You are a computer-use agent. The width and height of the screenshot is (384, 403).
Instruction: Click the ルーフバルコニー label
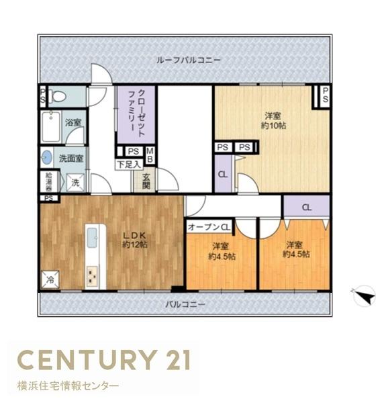click(x=189, y=60)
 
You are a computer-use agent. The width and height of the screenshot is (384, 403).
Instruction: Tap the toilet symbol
click(x=57, y=96)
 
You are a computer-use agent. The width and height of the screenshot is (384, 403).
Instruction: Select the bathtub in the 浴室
click(x=52, y=127)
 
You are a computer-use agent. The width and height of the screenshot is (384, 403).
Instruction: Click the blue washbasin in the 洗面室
click(x=47, y=157)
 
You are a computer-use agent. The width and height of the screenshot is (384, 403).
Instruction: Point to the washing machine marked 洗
click(x=75, y=183)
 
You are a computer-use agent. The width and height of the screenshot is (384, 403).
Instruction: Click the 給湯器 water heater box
click(x=49, y=182)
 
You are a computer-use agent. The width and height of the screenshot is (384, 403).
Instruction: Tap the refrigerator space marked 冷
click(x=50, y=279)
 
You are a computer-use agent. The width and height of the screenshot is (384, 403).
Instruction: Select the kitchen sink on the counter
click(x=92, y=238)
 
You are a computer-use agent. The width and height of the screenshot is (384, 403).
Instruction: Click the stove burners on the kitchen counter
click(x=92, y=276)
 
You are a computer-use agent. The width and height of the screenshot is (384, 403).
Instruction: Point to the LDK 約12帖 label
click(x=134, y=240)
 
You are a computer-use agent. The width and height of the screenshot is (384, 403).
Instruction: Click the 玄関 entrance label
click(x=146, y=181)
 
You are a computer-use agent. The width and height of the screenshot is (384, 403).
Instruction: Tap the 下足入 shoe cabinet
click(x=129, y=165)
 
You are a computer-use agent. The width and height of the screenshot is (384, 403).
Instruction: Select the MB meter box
click(x=150, y=155)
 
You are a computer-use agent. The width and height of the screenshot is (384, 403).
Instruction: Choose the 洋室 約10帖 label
click(x=273, y=121)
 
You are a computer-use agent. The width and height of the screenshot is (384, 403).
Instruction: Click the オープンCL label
click(x=209, y=227)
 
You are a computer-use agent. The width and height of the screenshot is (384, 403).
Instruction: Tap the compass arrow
click(x=365, y=296)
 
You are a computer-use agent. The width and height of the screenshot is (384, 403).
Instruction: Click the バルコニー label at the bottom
click(x=185, y=304)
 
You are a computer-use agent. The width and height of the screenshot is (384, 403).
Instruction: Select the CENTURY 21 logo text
click(x=104, y=359)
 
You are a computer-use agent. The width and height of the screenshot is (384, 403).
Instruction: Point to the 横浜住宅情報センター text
click(x=68, y=386)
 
